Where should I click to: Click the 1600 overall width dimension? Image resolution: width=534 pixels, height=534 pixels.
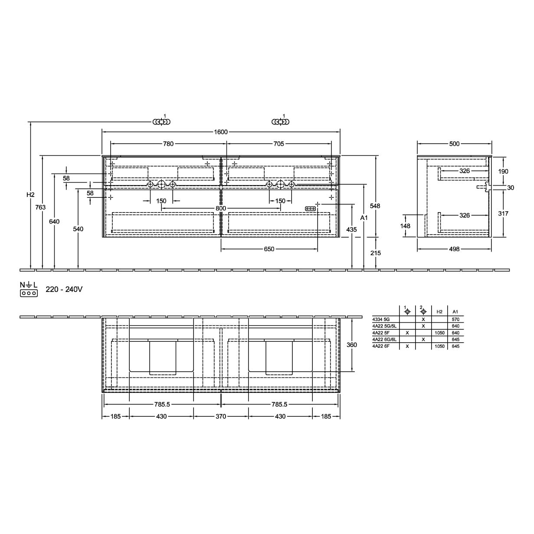pos(220,132)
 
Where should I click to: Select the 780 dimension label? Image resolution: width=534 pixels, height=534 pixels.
pos(168,144)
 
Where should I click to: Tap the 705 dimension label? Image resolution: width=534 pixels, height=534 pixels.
pos(279,144)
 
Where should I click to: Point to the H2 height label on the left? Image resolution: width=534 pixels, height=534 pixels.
pos(30,195)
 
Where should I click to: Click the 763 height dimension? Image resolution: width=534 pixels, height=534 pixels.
pos(40,207)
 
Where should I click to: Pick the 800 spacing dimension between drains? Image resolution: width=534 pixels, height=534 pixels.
pos(221,208)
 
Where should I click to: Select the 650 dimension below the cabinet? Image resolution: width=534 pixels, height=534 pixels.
pos(269,249)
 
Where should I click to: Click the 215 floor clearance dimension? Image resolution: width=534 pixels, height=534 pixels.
pos(376,253)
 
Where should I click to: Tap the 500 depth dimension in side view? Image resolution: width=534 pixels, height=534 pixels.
pos(454,144)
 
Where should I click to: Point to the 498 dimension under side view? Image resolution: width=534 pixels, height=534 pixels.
pos(454,249)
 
